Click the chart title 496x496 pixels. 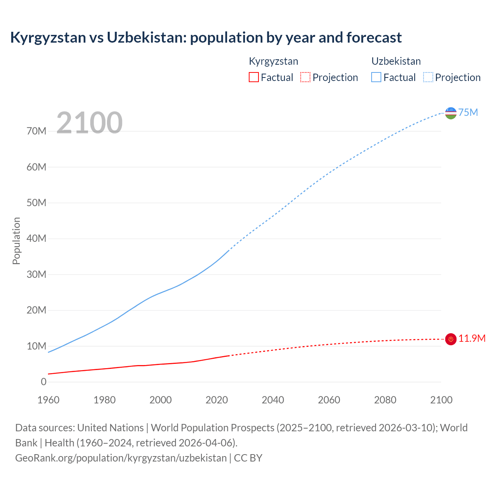pyautogui.click(x=206, y=38)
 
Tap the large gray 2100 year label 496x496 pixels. pyautogui.click(x=90, y=123)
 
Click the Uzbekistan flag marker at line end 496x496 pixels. pyautogui.click(x=451, y=113)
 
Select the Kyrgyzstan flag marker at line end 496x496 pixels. pyautogui.click(x=451, y=339)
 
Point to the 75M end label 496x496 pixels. pyautogui.click(x=468, y=112)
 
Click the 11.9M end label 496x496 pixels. pyautogui.click(x=472, y=338)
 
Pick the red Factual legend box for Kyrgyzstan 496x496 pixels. pyautogui.click(x=253, y=77)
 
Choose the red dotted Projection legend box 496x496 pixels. pyautogui.click(x=305, y=77)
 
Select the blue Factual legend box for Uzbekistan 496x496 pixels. pyautogui.click(x=376, y=77)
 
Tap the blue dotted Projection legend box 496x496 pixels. pyautogui.click(x=428, y=77)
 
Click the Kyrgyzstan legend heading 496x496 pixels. pyautogui.click(x=273, y=61)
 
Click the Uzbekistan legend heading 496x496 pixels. pyautogui.click(x=396, y=61)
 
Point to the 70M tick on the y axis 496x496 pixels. pyautogui.click(x=36, y=131)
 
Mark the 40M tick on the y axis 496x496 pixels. pyautogui.click(x=36, y=238)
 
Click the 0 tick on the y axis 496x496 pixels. pyautogui.click(x=43, y=382)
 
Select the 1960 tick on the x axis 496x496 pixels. pyautogui.click(x=48, y=400)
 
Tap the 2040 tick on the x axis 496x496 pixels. pyautogui.click(x=273, y=400)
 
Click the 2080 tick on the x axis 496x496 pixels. pyautogui.click(x=385, y=400)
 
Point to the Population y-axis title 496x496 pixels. pyautogui.click(x=16, y=241)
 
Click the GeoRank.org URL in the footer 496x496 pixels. pyautogui.click(x=121, y=458)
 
